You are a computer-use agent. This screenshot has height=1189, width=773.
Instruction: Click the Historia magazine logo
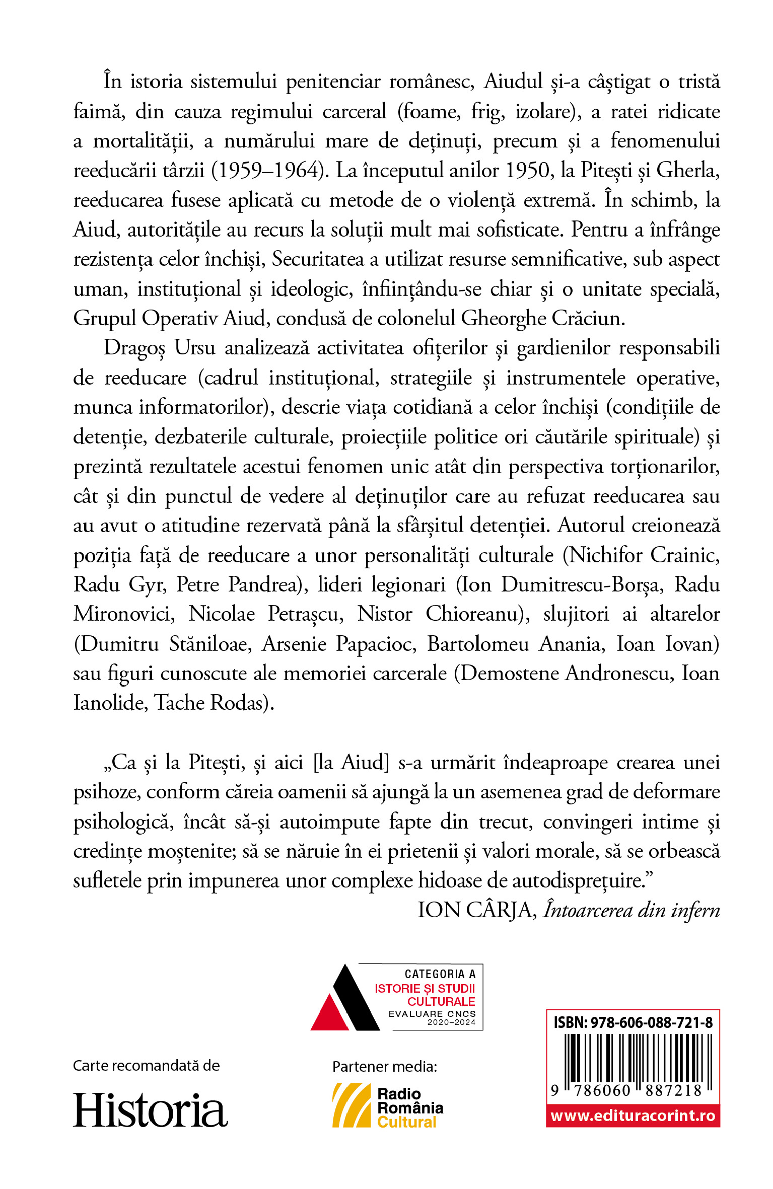click(x=150, y=1109)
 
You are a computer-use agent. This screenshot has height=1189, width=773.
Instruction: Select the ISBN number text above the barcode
click(x=633, y=1022)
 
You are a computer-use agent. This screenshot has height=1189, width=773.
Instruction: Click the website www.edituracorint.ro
click(x=633, y=1116)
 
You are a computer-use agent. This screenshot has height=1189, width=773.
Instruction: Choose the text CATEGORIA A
click(x=440, y=974)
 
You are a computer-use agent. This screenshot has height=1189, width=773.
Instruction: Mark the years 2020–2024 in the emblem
click(x=451, y=1022)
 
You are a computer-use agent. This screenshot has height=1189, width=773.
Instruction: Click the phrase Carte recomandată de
click(x=147, y=1066)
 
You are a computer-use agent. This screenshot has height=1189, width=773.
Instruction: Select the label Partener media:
click(x=385, y=1067)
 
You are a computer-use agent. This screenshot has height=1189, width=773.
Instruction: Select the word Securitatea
click(x=318, y=259)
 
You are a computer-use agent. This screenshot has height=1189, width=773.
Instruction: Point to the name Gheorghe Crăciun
click(x=543, y=318)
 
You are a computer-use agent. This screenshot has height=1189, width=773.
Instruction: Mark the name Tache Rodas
click(x=214, y=703)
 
